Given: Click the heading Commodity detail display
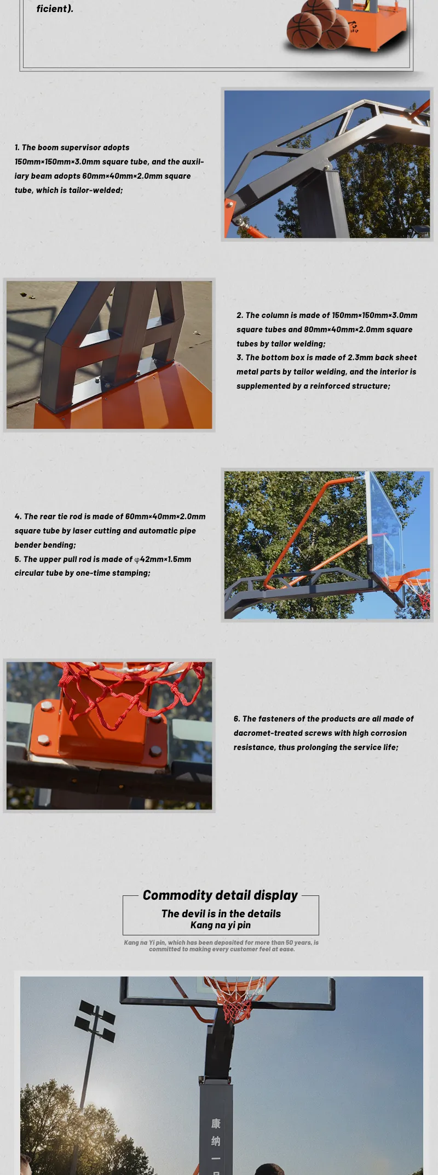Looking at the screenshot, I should (x=220, y=895).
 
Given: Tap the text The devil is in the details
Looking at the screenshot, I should (x=221, y=913).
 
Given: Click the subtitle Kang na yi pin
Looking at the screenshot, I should (x=220, y=925).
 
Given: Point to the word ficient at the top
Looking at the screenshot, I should (x=54, y=9).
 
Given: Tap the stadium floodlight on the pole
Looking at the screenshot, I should (x=96, y=1019).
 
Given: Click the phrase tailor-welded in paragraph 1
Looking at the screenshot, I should (x=95, y=190).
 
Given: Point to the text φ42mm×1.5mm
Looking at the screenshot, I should (x=163, y=559).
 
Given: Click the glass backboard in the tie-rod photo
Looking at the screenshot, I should (x=385, y=526).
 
